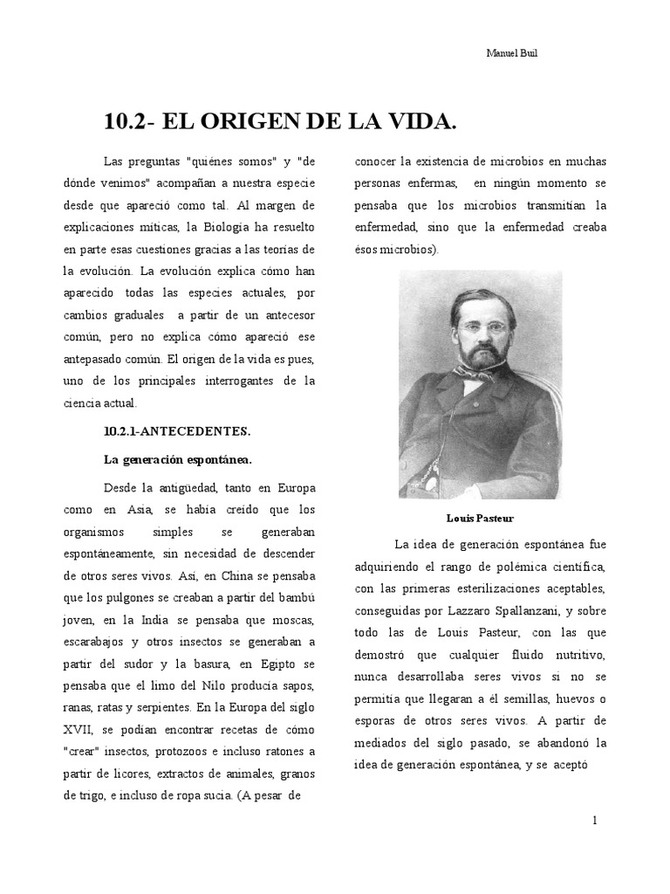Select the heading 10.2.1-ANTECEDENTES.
point(177,431)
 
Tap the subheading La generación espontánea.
point(177,458)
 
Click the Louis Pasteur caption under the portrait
point(481,517)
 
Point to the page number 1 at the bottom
point(595,821)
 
